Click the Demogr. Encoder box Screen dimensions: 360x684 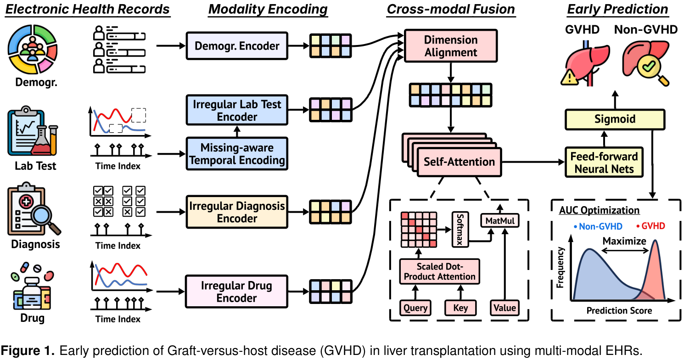[x=236, y=46]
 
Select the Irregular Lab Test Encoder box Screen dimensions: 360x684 [x=236, y=110]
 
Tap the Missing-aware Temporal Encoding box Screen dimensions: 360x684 [x=236, y=154]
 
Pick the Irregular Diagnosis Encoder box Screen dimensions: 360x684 [x=236, y=212]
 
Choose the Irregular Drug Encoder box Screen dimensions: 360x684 [x=236, y=292]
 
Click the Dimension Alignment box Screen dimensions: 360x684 [x=450, y=46]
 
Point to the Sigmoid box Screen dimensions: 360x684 [x=615, y=119]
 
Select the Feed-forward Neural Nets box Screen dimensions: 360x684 [x=604, y=163]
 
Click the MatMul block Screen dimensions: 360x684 [x=500, y=221]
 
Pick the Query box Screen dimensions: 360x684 [x=415, y=308]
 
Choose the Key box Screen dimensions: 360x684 [x=460, y=308]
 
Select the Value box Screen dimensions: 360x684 [x=505, y=308]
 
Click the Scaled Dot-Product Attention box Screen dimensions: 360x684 [x=439, y=272]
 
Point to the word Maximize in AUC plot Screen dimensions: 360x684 [x=624, y=241]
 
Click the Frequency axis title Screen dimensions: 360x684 [x=561, y=268]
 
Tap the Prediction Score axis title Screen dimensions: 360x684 [x=619, y=311]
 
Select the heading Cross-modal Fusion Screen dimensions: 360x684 [x=451, y=9]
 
